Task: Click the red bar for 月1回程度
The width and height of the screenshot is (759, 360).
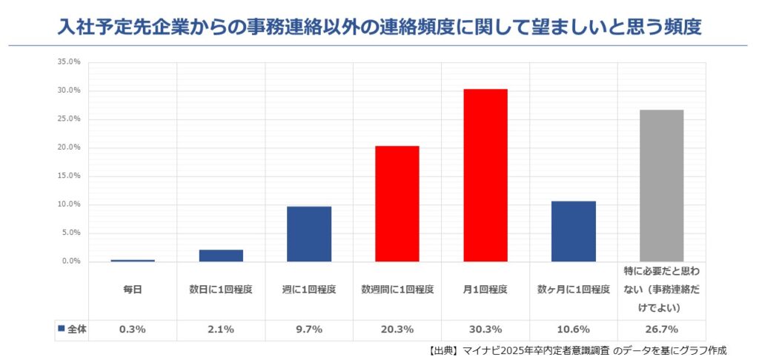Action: [485, 175]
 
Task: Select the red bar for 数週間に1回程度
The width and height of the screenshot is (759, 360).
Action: [397, 204]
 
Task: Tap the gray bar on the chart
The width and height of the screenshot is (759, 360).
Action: [661, 185]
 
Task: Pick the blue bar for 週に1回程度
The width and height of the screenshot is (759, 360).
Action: [309, 233]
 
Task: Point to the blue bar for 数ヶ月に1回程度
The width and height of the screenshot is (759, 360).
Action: [574, 231]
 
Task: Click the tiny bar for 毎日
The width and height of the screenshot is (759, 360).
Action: [133, 260]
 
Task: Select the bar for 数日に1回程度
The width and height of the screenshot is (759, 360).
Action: [221, 256]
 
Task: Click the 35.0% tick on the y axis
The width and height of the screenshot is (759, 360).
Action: [68, 62]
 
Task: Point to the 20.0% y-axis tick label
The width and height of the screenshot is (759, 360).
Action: [68, 147]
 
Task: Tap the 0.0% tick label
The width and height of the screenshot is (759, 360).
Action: [70, 261]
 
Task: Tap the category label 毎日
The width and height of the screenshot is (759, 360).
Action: [133, 290]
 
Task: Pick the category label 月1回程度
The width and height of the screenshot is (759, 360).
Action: [485, 290]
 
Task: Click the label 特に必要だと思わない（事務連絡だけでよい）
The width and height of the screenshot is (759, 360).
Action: [661, 290]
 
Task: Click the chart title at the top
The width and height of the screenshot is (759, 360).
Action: [379, 27]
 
